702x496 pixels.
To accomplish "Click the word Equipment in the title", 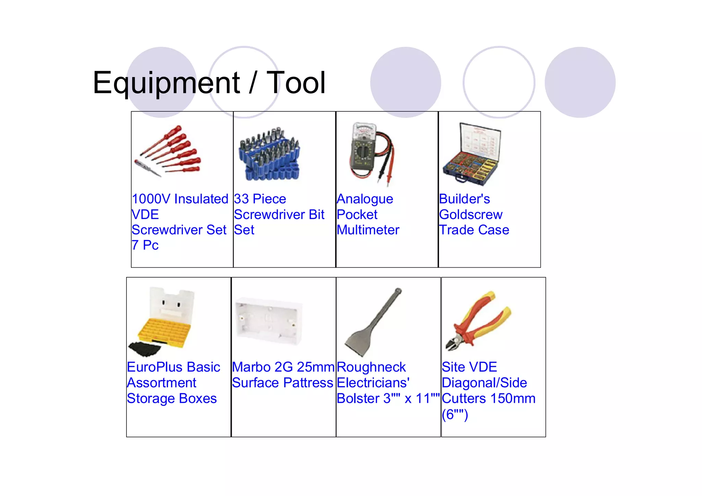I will [x=166, y=83].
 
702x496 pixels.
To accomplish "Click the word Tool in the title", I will [x=295, y=83].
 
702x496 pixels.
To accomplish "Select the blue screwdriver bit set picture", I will [x=269, y=154].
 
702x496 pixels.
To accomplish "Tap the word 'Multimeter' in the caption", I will [x=368, y=230].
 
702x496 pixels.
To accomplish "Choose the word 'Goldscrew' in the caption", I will [x=471, y=215].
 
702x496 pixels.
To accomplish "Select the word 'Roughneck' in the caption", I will [x=371, y=367].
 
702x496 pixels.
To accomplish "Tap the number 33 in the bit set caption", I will [x=241, y=199].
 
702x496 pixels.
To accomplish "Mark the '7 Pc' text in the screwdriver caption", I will [x=145, y=245].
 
